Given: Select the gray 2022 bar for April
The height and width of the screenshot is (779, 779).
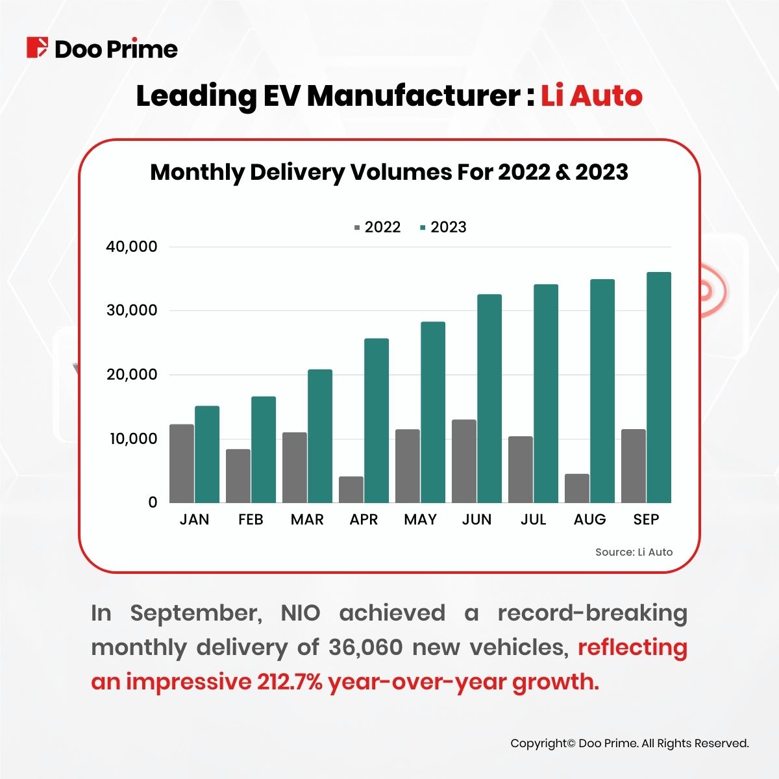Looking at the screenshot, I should pyautogui.click(x=351, y=489).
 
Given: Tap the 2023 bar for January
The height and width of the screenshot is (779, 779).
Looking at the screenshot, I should pyautogui.click(x=207, y=454).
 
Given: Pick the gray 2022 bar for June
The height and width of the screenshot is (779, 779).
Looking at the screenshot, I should pyautogui.click(x=464, y=461).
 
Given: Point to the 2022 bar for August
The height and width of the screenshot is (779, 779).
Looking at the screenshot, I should pyautogui.click(x=577, y=488).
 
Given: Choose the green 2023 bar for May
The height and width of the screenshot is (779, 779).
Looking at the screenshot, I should pyautogui.click(x=433, y=412).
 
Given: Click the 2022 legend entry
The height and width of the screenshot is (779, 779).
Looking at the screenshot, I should pyautogui.click(x=377, y=227).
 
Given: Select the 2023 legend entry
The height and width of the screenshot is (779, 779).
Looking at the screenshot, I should pyautogui.click(x=443, y=227).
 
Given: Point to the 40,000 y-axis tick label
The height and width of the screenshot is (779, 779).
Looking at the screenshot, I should pyautogui.click(x=132, y=247).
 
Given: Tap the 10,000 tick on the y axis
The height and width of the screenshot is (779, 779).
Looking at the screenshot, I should pyautogui.click(x=133, y=439).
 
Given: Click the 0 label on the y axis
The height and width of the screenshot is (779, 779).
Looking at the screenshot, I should pyautogui.click(x=153, y=502).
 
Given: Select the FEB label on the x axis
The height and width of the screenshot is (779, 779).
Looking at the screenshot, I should pyautogui.click(x=251, y=520).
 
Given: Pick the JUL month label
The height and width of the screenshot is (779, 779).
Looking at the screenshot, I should pyautogui.click(x=534, y=520).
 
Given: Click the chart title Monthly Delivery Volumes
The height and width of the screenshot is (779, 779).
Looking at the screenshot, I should pyautogui.click(x=389, y=173).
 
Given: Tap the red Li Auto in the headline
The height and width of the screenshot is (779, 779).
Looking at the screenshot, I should pyautogui.click(x=591, y=96).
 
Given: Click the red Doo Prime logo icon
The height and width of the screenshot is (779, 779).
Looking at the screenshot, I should pyautogui.click(x=37, y=48).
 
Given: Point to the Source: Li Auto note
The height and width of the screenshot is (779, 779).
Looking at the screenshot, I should pyautogui.click(x=634, y=552).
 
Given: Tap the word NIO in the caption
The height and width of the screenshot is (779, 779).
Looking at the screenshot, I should pyautogui.click(x=300, y=613).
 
